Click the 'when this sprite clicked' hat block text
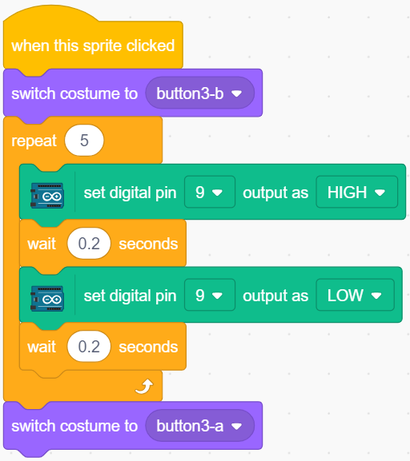point(93,46)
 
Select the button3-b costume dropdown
point(200,93)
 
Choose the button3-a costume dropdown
point(200,426)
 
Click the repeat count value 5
point(84,141)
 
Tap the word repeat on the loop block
point(34,141)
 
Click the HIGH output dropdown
point(356,193)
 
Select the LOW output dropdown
point(355,295)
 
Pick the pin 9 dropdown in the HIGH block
point(210,193)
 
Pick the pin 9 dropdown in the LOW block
point(210,295)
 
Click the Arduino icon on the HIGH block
point(47,196)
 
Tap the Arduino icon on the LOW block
point(47,299)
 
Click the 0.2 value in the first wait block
point(89,244)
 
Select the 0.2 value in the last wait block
point(89,346)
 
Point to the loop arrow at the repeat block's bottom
point(144,386)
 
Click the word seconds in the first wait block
point(148,244)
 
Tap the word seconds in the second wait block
point(148,347)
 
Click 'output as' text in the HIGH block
point(275,193)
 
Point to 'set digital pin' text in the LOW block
point(130,296)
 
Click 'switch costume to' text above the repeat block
point(74,93)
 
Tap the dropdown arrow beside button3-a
point(237,426)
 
